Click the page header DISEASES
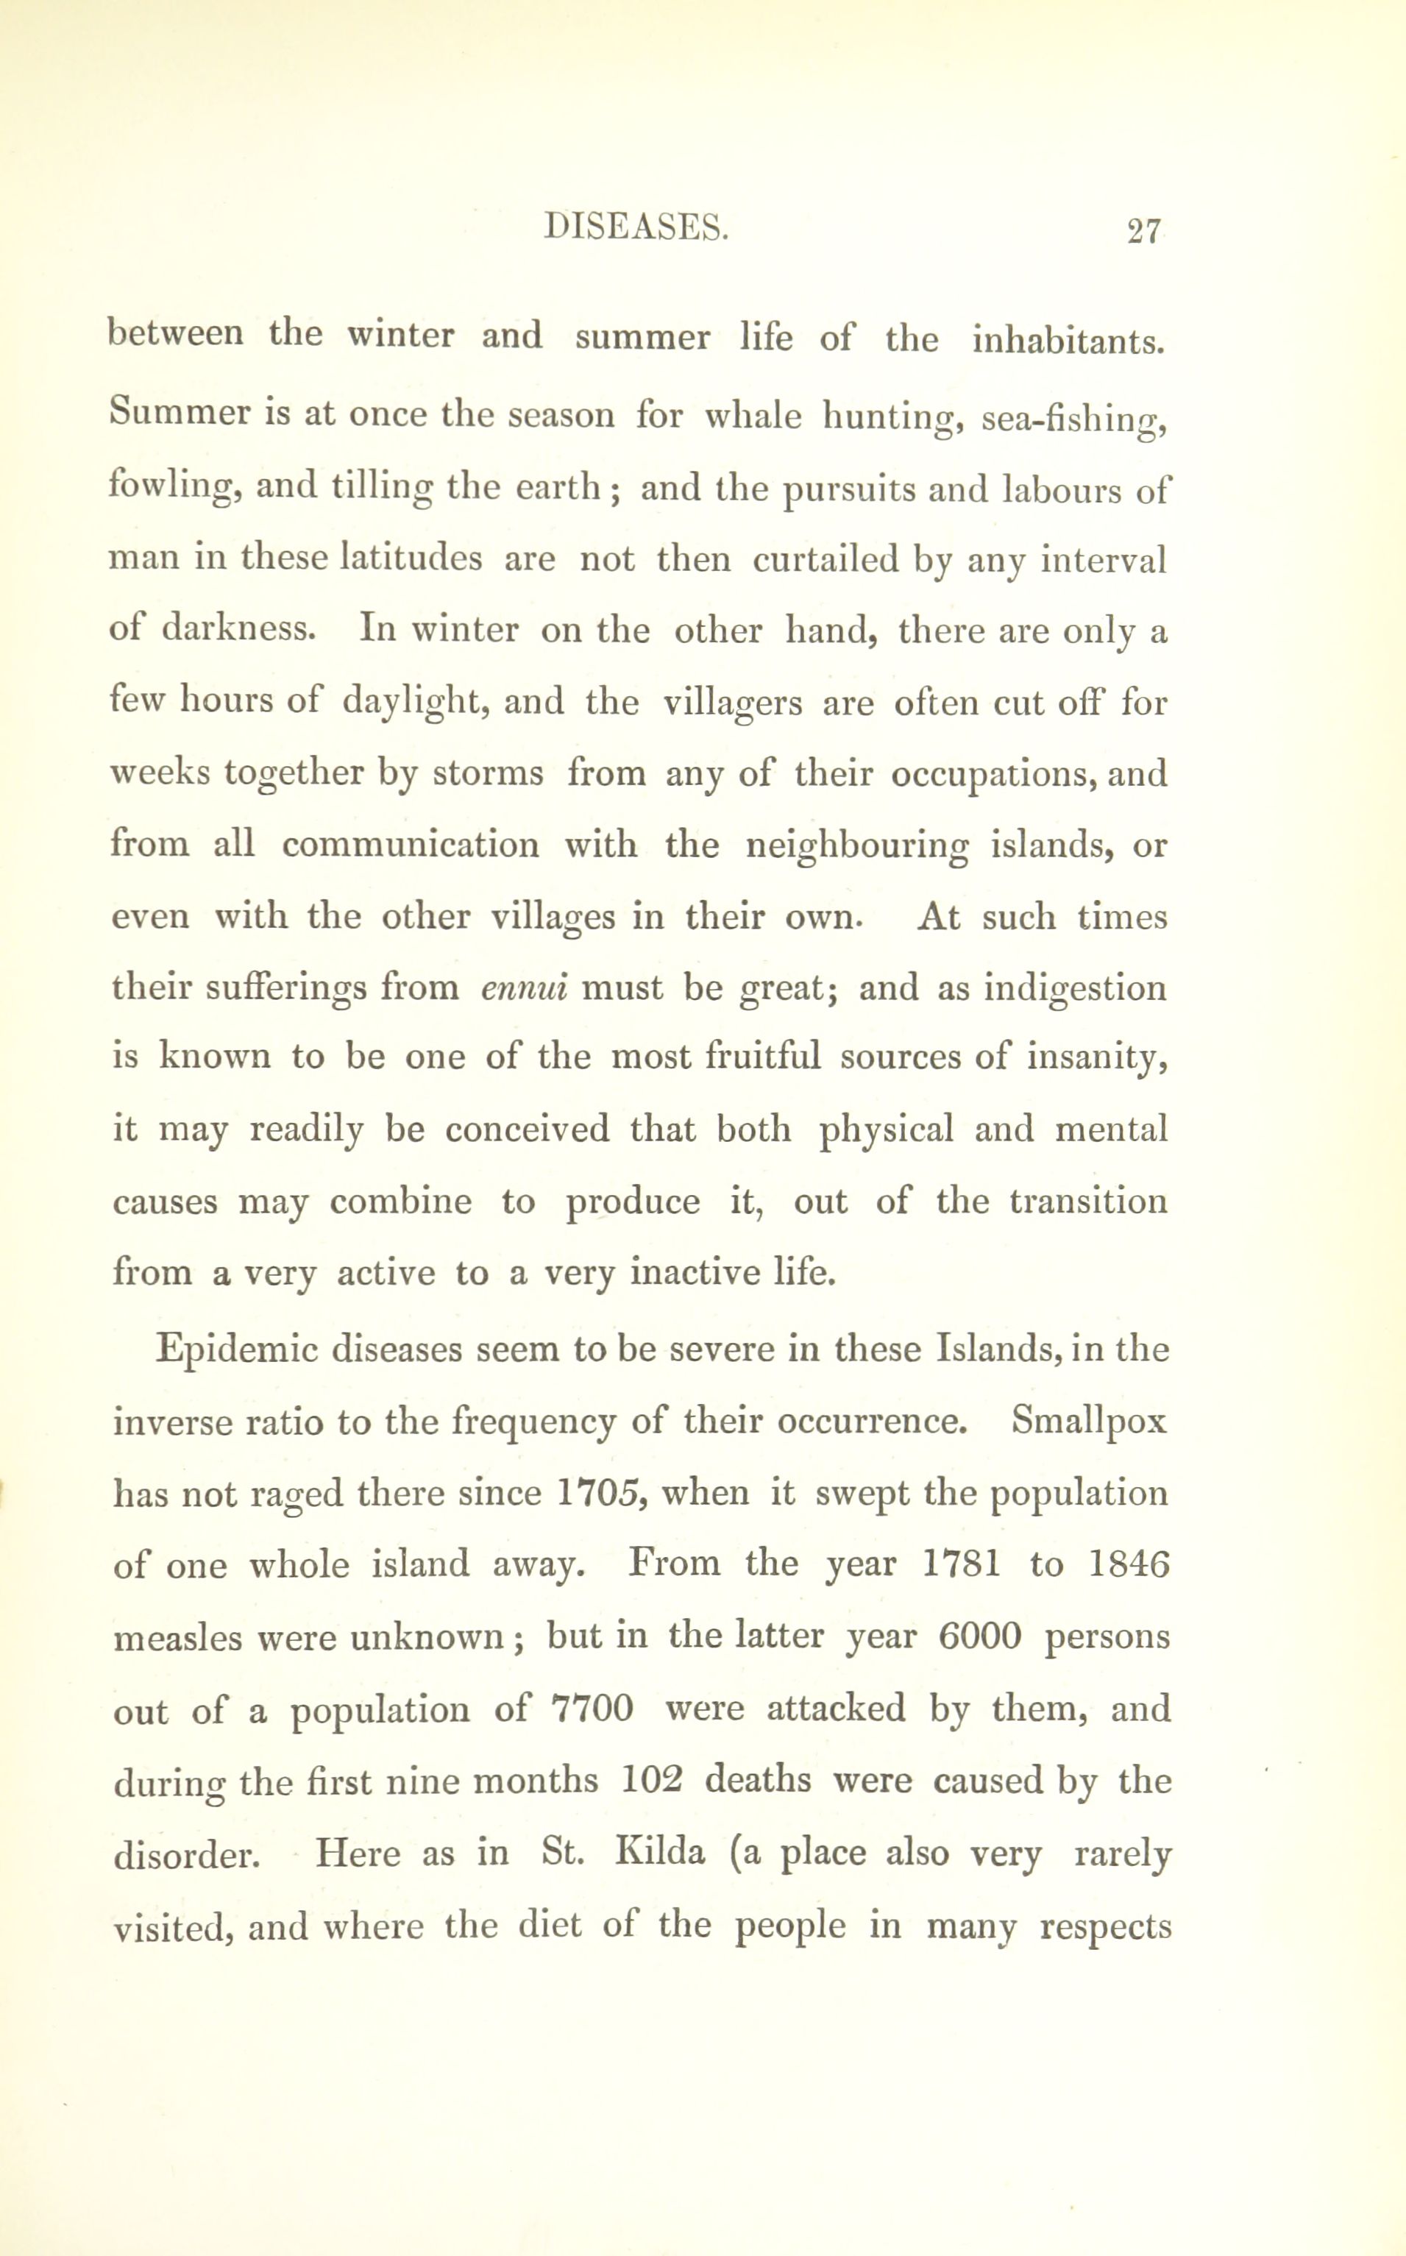pos(635,229)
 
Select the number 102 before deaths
pos(651,1779)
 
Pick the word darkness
pos(240,631)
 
